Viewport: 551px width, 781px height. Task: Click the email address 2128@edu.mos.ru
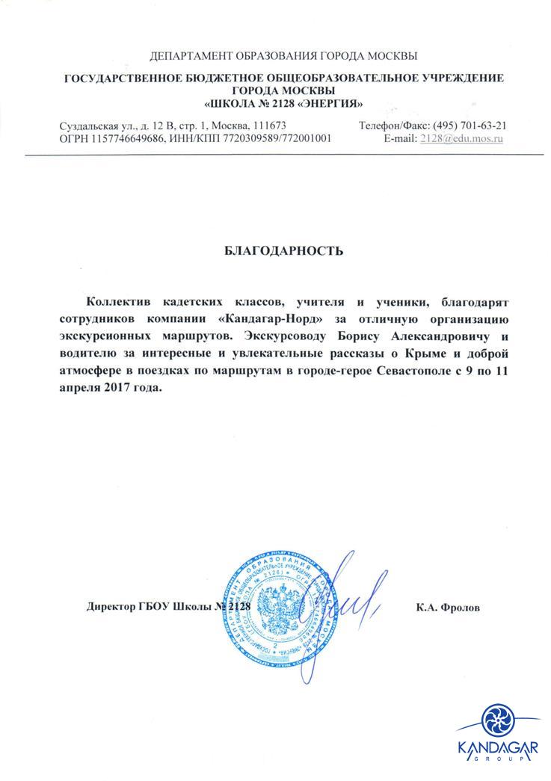[x=462, y=138]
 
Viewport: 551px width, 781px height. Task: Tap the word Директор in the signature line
[x=112, y=607]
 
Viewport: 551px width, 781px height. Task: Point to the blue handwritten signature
[x=340, y=598]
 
